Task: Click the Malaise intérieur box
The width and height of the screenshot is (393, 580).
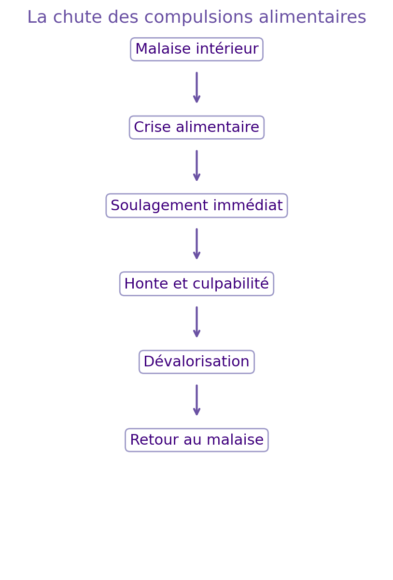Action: pos(196,49)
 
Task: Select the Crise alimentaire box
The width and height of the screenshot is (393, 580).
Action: pos(196,128)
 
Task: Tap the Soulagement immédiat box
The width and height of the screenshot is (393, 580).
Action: pos(196,206)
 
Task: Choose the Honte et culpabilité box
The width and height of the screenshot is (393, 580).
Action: pos(196,284)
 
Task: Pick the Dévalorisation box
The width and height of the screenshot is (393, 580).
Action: pos(196,362)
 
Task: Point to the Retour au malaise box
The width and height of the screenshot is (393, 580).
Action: pos(196,440)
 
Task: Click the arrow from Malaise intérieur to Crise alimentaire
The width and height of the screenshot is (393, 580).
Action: pos(196,87)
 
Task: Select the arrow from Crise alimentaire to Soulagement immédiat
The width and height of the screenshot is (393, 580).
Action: pos(196,166)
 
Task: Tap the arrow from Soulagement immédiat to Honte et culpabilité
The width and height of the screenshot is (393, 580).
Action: pos(196,244)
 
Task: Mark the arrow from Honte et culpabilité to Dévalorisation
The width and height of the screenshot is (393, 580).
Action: pos(196,322)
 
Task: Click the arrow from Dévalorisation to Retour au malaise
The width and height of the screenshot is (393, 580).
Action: pos(196,400)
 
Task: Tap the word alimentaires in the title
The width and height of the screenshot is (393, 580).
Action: pos(312,17)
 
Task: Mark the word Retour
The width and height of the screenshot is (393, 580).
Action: pos(151,440)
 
